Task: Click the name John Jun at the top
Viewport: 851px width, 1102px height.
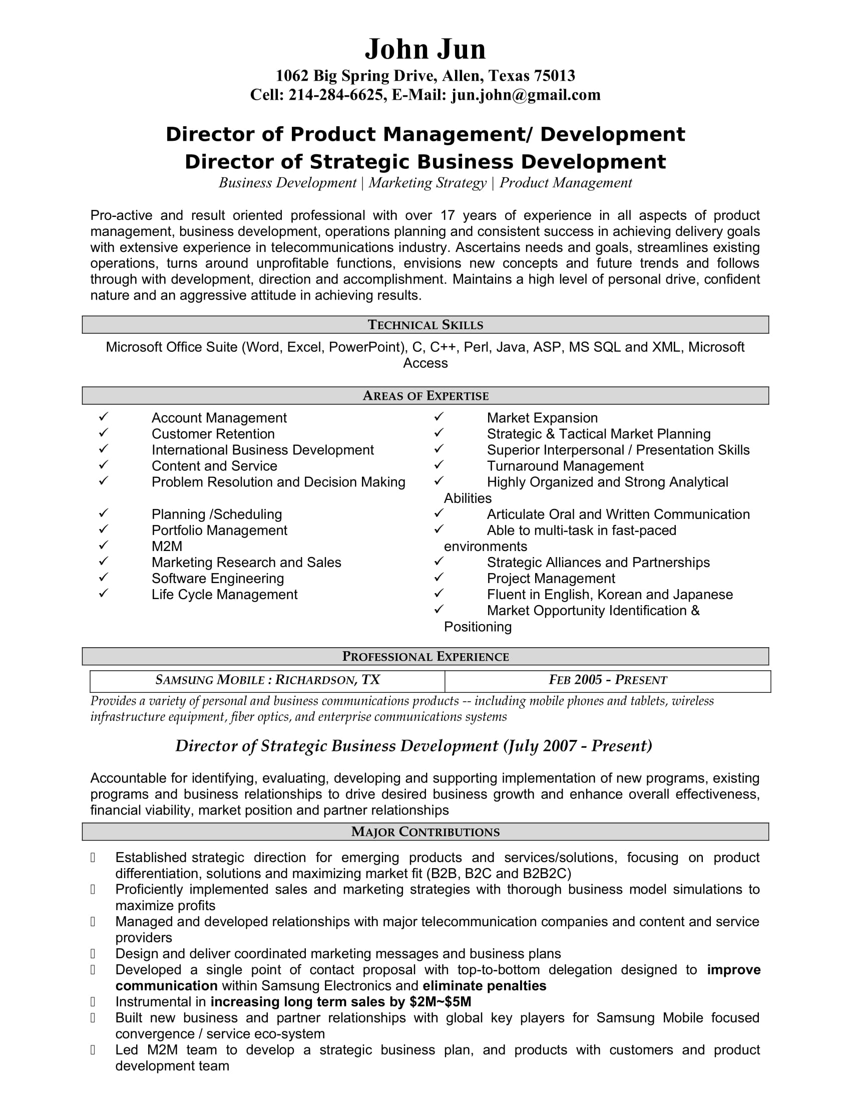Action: (425, 50)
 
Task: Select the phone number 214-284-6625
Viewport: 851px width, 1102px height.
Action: (336, 95)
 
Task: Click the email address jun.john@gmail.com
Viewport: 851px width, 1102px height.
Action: (526, 95)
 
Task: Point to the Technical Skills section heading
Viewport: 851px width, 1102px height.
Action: (425, 325)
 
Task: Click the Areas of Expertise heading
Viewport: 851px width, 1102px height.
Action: (425, 396)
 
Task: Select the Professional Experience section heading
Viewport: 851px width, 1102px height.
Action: (425, 657)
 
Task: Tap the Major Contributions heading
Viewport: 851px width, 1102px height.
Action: (425, 832)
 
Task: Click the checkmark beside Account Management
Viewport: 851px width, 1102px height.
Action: (104, 417)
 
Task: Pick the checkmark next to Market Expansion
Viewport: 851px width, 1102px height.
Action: (439, 417)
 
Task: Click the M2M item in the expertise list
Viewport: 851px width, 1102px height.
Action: (167, 546)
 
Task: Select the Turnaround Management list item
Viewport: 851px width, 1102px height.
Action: (565, 466)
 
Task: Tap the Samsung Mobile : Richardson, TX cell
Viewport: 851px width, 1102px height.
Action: (267, 680)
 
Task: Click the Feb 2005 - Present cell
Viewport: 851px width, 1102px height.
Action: (608, 680)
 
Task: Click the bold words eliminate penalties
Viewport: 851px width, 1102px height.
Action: (484, 985)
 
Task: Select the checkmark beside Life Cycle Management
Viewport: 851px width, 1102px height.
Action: (104, 594)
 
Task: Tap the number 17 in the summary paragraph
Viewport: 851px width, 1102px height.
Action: (447, 215)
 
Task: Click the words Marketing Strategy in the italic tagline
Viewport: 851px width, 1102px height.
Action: (428, 183)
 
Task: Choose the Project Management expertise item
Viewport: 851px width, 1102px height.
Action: (551, 578)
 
